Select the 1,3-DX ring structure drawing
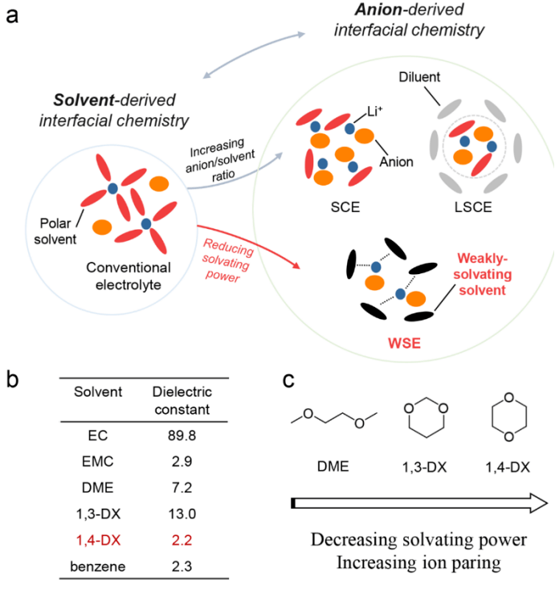click(422, 422)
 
